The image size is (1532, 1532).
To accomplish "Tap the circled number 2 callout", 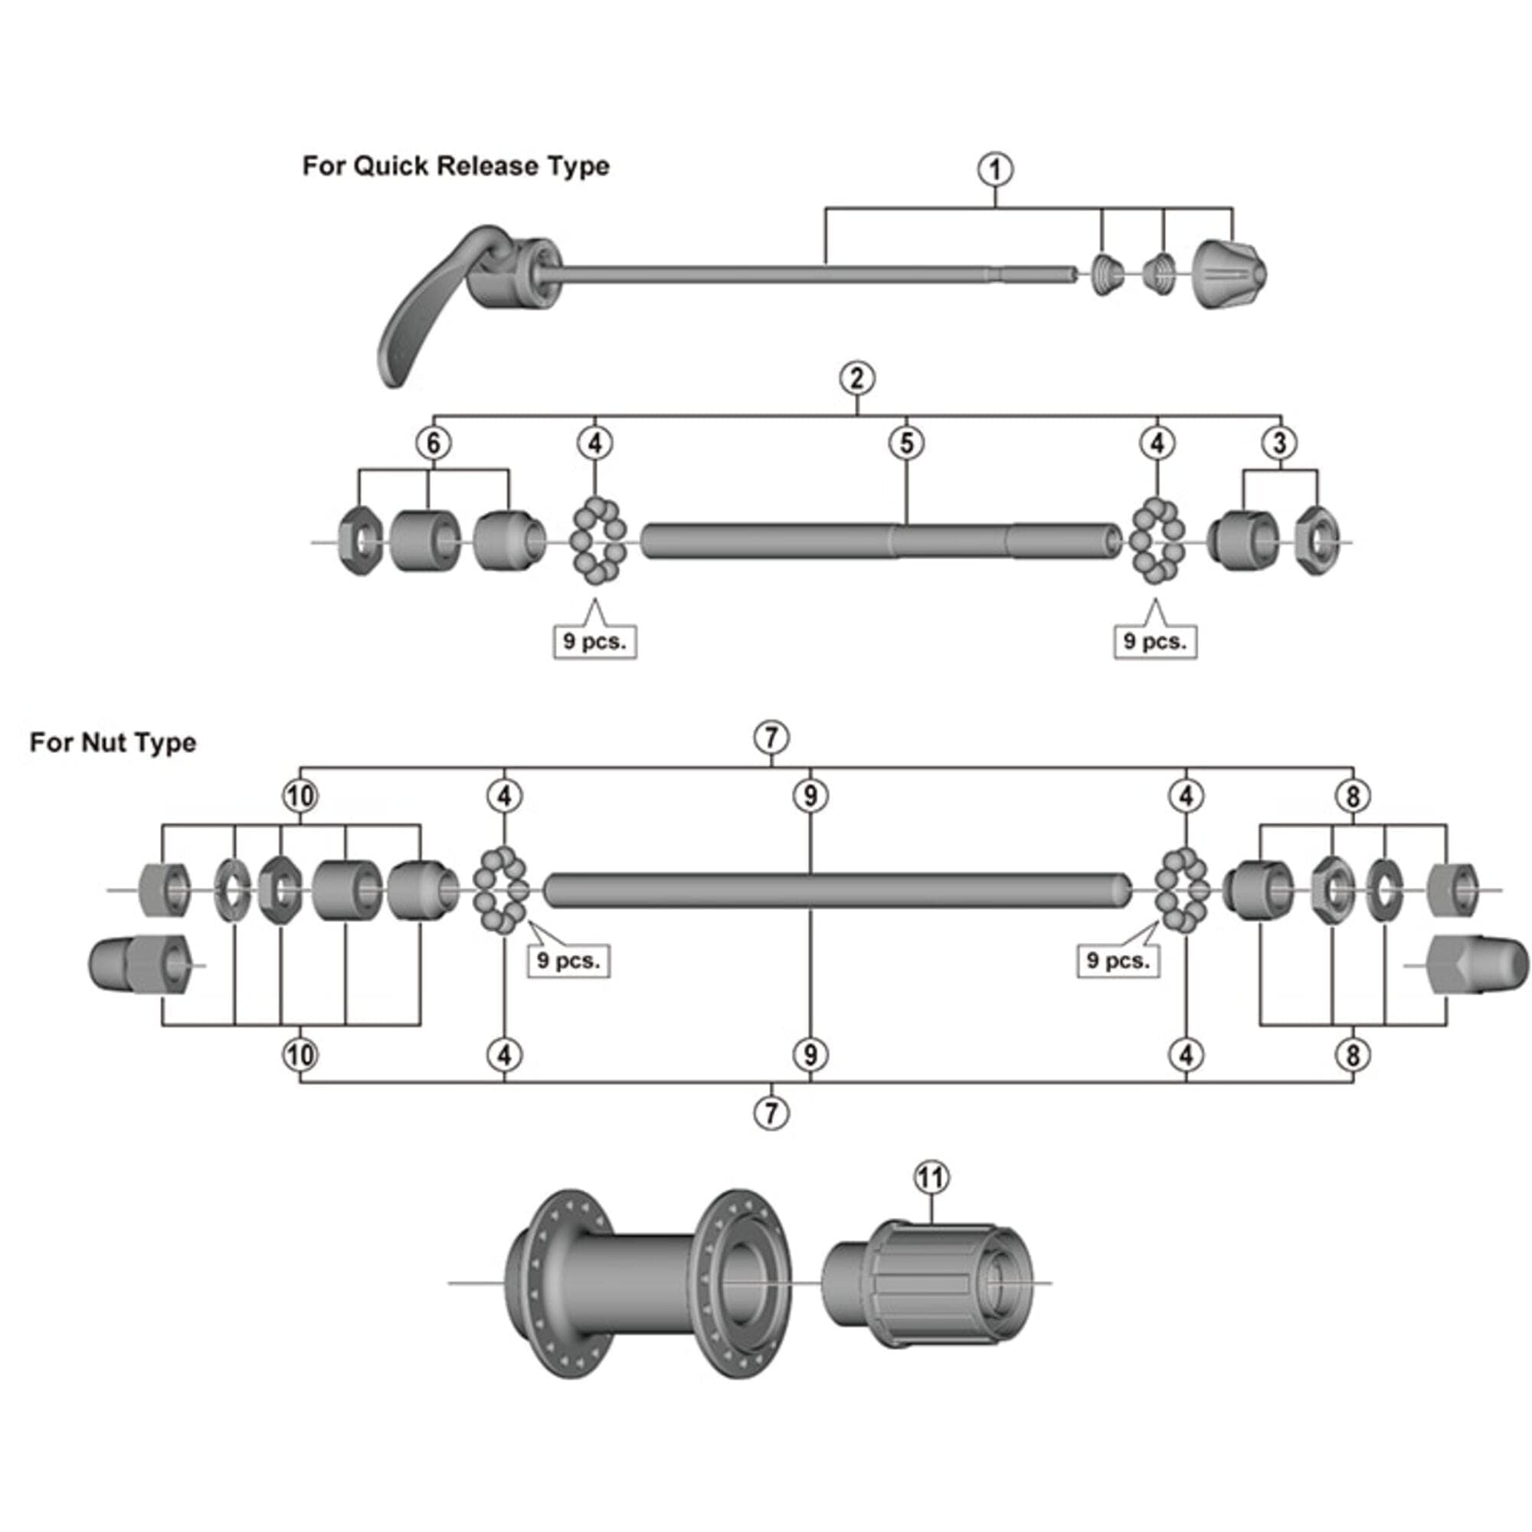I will coord(856,378).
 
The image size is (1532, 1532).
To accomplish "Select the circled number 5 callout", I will coord(906,444).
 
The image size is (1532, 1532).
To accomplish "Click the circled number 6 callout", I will coord(433,444).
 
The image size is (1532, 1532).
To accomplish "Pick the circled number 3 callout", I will coord(1279,444).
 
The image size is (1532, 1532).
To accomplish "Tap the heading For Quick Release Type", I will coord(455,166).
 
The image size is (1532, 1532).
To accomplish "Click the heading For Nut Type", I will coord(113,743).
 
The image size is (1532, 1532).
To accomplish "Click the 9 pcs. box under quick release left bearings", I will coord(594,641).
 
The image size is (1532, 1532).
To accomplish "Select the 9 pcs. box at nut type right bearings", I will coord(1118,961).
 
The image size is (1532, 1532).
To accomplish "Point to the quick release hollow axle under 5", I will coord(880,541).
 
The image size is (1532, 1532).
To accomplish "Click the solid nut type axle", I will coord(836,889).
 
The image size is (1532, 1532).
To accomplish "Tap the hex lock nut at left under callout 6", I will coord(360,542).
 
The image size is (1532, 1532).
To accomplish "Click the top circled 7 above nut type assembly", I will coord(771,738).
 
